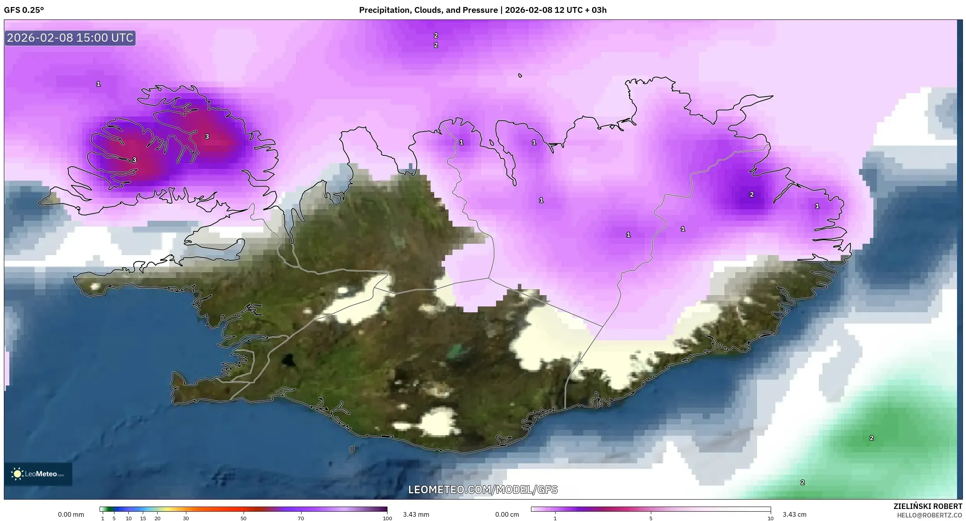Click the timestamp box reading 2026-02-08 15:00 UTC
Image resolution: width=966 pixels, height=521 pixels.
click(x=70, y=38)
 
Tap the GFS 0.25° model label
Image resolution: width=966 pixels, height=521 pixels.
click(x=24, y=10)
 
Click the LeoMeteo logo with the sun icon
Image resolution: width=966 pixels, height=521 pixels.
click(x=38, y=474)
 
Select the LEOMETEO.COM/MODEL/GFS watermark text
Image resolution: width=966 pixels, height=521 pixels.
click(x=483, y=489)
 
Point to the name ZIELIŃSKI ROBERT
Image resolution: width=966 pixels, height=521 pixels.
click(x=927, y=506)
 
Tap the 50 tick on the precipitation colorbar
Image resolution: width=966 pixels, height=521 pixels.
click(x=244, y=518)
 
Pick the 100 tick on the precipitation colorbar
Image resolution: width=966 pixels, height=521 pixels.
click(x=387, y=518)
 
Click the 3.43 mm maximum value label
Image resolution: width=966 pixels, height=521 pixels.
click(x=416, y=514)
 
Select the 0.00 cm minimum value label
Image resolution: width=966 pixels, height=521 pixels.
click(x=507, y=514)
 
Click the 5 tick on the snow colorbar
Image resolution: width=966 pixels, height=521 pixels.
click(x=651, y=518)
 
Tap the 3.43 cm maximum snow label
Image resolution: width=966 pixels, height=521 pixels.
click(x=794, y=514)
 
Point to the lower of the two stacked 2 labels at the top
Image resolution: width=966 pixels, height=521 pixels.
click(x=436, y=45)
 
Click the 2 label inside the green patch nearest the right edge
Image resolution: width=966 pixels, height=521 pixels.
click(x=871, y=438)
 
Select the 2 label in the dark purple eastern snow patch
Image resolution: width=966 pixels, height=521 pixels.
click(x=752, y=194)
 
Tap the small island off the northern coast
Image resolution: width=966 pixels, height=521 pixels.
click(x=520, y=76)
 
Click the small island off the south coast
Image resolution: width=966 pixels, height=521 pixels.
click(x=352, y=450)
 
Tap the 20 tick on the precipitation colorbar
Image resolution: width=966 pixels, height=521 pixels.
click(x=157, y=518)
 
